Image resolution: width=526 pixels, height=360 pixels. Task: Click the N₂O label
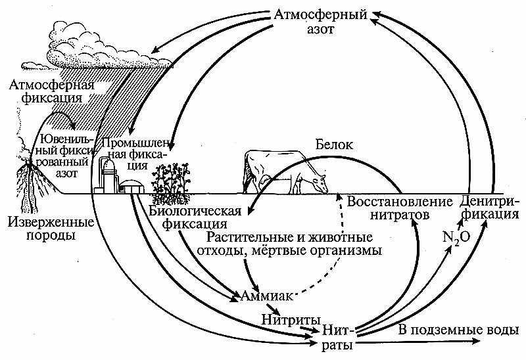(454, 237)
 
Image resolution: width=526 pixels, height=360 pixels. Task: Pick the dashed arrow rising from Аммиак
(329, 250)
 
